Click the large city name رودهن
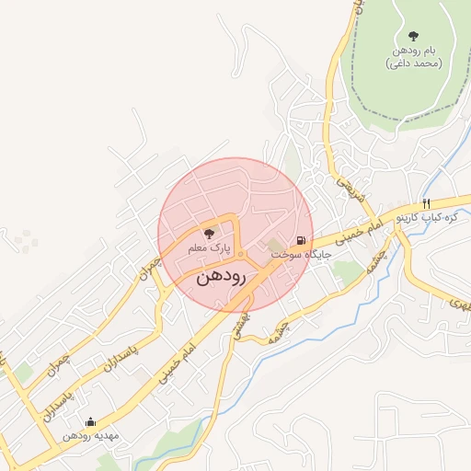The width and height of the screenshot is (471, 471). coord(221,276)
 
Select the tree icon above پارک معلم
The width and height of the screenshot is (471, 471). coord(208,234)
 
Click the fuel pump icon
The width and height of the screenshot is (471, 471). coord(301,241)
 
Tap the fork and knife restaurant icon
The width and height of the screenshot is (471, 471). coord(426,203)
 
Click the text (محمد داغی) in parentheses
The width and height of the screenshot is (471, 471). coord(413,63)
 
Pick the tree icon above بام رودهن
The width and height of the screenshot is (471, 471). coord(413,36)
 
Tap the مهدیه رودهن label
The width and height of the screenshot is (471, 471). coord(88,436)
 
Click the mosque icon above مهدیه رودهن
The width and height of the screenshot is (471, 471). coord(90,422)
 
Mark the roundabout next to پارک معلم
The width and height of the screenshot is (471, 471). coord(240,254)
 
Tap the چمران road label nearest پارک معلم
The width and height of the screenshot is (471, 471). coord(148,268)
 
